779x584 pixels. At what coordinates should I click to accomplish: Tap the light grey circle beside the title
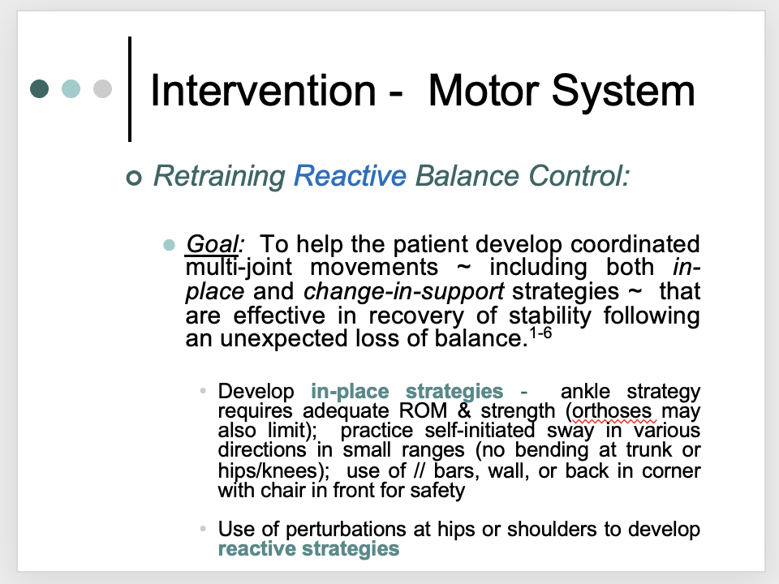click(102, 88)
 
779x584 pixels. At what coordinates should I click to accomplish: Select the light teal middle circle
click(71, 88)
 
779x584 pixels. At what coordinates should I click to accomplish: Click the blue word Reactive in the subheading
click(350, 176)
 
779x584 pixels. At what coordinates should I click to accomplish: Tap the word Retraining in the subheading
click(219, 176)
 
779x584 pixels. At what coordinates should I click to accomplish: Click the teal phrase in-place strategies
click(407, 392)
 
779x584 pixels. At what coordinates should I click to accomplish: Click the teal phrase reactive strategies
click(308, 549)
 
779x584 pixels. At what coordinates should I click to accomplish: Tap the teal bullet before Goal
click(170, 244)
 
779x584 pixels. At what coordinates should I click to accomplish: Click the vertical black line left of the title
click(131, 88)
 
